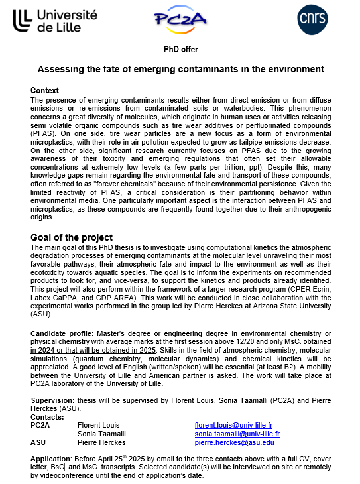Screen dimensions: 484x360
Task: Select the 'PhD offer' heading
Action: point(180,50)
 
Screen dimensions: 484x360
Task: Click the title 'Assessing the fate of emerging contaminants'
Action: point(180,69)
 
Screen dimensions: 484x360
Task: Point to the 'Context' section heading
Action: point(45,90)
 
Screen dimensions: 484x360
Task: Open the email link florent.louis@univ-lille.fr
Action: point(233,424)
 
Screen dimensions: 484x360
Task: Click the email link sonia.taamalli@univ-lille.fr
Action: point(237,434)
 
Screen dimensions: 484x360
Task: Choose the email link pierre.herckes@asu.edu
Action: point(234,442)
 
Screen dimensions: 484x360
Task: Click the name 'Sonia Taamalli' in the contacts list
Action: point(101,434)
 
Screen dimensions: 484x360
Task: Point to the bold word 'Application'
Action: point(50,459)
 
